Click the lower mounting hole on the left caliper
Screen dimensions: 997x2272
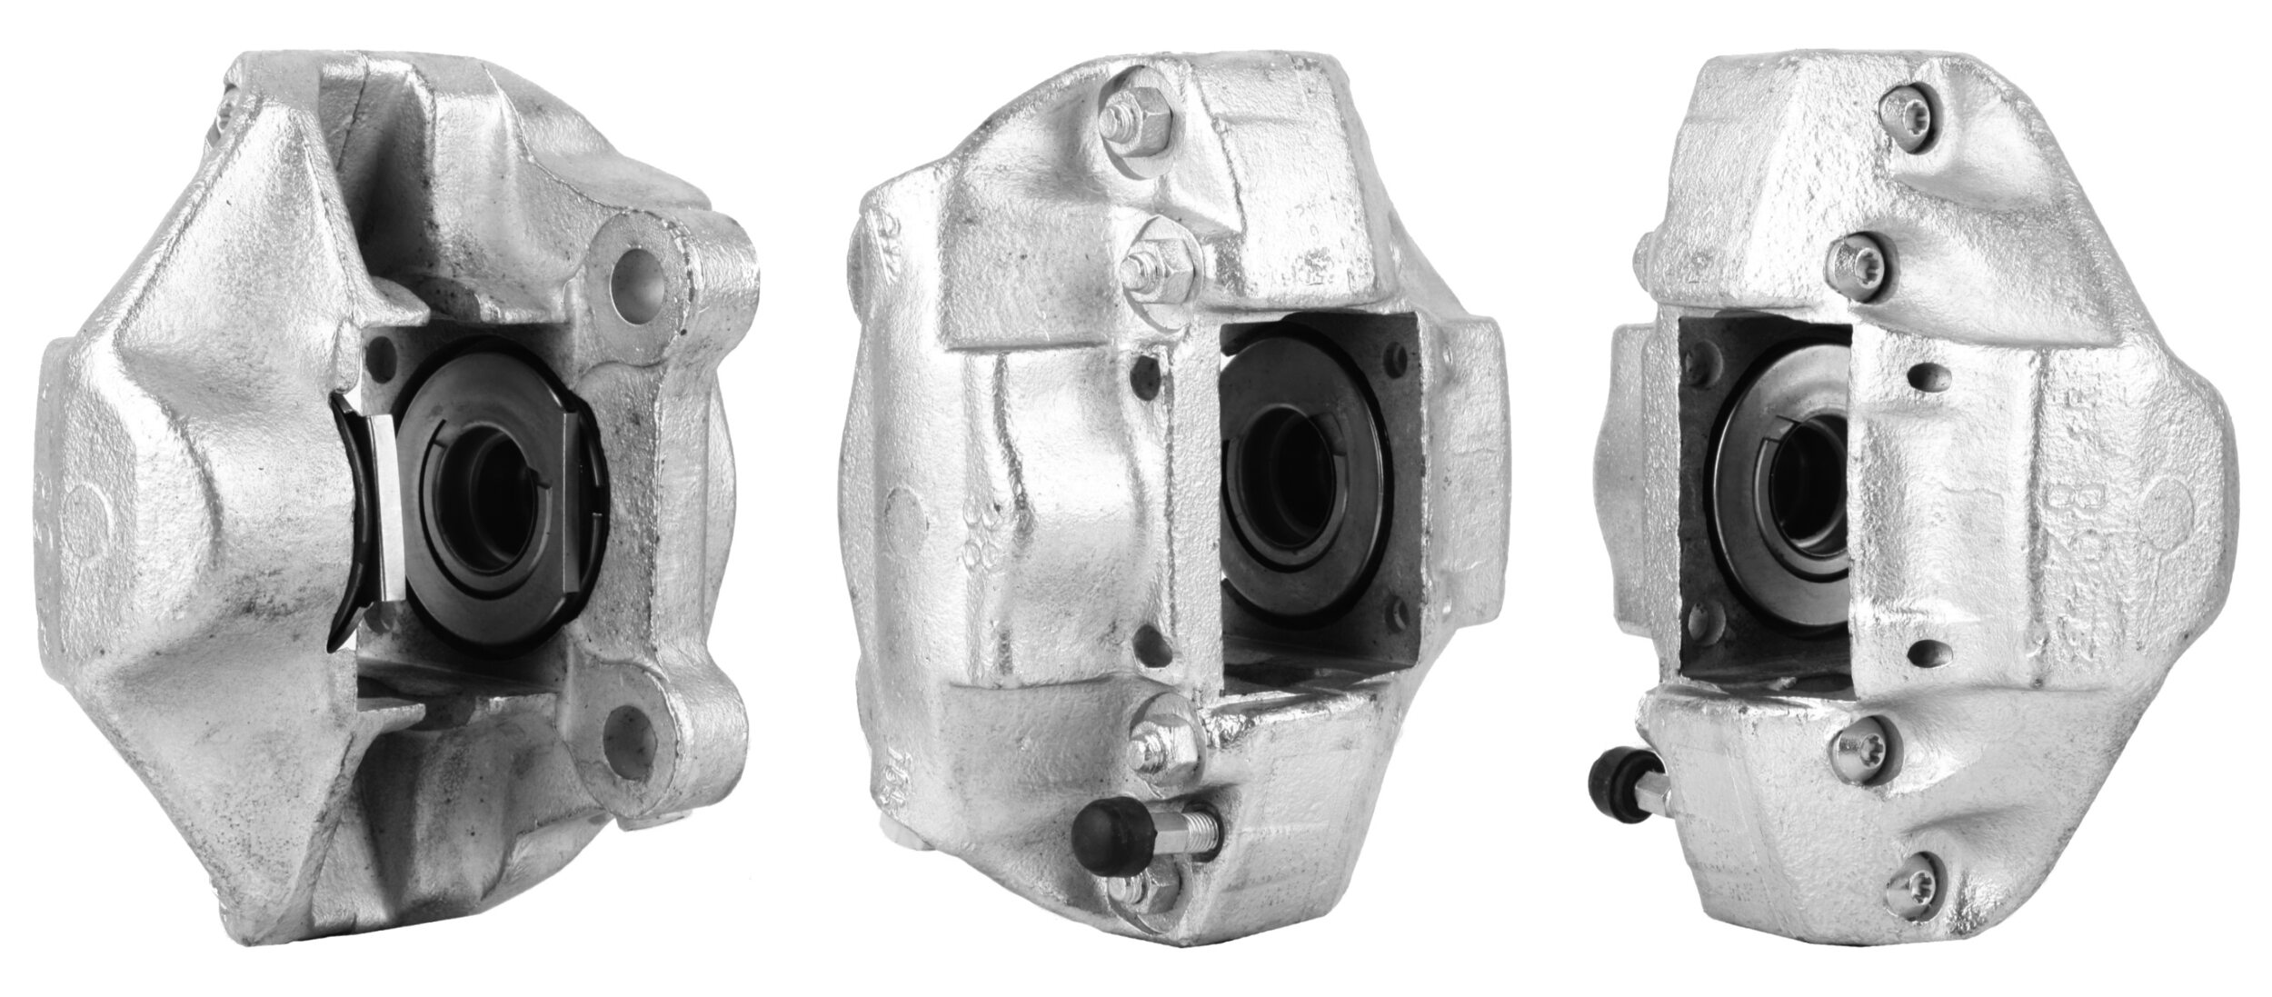[633, 729]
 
